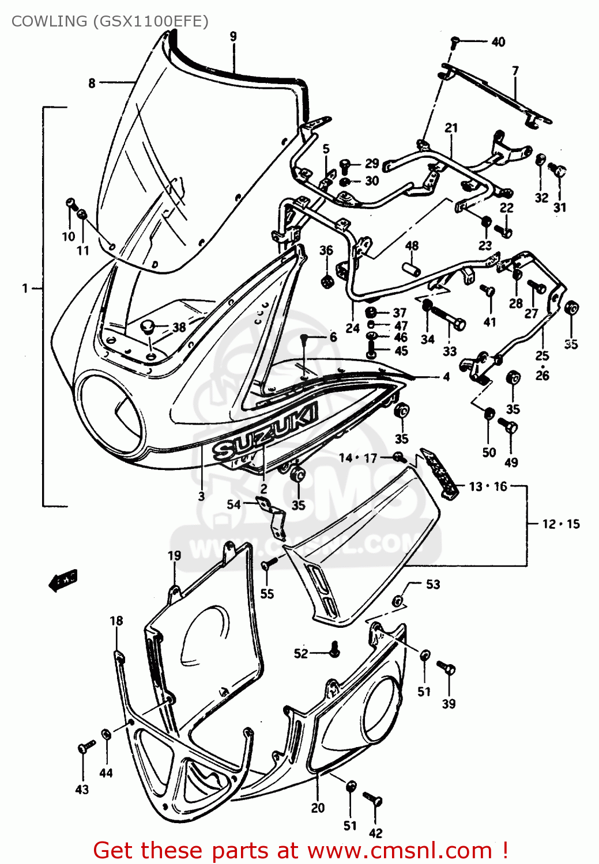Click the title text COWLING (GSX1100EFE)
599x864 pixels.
pos(110,21)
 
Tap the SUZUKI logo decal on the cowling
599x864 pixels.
pos(265,431)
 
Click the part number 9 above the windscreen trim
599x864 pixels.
pos(233,36)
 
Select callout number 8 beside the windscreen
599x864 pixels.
pos(92,83)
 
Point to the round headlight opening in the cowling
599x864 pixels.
pos(111,411)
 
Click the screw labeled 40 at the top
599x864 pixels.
pos(455,41)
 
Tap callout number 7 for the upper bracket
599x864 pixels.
pos(515,70)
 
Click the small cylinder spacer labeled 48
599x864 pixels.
pos(411,269)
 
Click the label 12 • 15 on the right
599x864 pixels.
pos(560,524)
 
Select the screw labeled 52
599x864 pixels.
pos(334,651)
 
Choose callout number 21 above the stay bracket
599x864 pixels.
pos(451,127)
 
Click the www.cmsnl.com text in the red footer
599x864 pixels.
pos(400,850)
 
